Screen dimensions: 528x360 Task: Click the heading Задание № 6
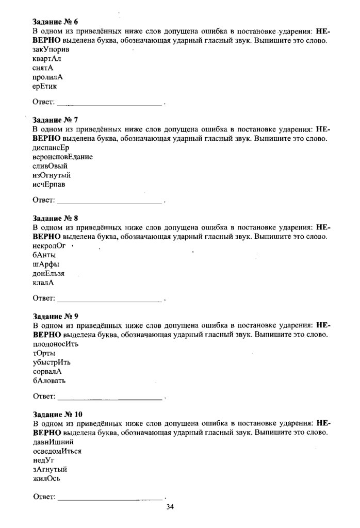[55, 22]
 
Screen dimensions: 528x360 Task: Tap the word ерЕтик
[44, 86]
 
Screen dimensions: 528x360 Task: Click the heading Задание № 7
[55, 120]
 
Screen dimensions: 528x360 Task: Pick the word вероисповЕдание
[62, 157]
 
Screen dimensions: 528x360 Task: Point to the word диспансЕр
[51, 147]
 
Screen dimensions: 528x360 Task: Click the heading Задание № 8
[55, 218]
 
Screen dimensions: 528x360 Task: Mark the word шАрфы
[45, 264]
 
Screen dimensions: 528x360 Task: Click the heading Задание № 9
[55, 316]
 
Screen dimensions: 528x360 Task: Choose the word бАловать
[49, 381]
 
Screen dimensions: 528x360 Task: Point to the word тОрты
[44, 353]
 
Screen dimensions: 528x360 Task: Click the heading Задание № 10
[57, 414]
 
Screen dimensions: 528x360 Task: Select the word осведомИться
[57, 451]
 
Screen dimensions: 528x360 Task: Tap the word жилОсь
[46, 478]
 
